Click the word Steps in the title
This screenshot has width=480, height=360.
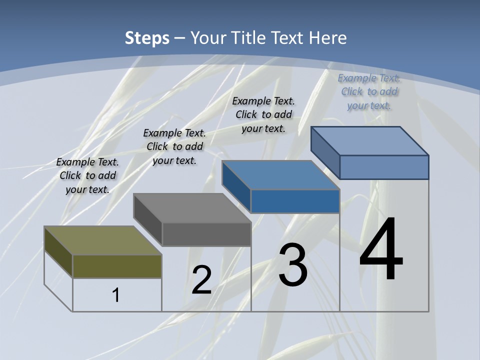[147, 38]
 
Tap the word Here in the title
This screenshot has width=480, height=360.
[328, 38]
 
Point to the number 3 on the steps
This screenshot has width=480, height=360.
[293, 265]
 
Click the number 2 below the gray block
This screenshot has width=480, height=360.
[201, 280]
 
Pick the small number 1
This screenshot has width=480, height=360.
[116, 295]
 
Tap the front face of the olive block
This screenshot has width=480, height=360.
[117, 266]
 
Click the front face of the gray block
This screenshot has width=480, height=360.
[206, 234]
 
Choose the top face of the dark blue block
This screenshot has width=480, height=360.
[280, 175]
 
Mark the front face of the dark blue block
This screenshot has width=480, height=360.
[295, 201]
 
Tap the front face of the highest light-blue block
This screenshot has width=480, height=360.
[384, 167]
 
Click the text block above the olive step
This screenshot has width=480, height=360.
[87, 175]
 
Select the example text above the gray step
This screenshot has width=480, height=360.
[174, 146]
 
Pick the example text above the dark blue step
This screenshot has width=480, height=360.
[263, 114]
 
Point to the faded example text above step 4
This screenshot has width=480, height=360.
[369, 91]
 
